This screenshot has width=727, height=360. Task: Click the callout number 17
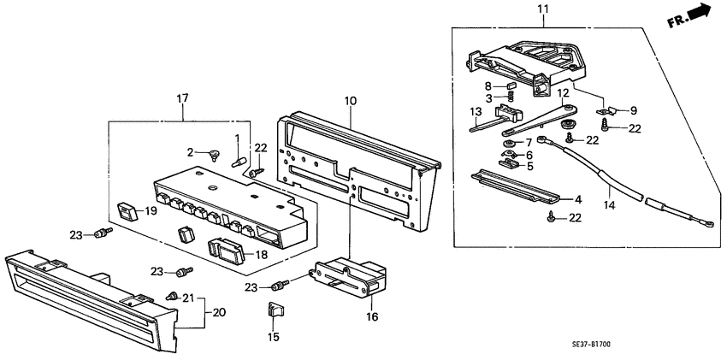(181, 100)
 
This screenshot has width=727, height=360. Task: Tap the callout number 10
(350, 102)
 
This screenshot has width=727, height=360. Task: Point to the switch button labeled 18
(226, 249)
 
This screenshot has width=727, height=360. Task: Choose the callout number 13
(476, 111)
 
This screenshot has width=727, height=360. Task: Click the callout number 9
(634, 110)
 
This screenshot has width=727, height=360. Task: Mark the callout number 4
(577, 199)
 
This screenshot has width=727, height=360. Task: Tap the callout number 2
(192, 152)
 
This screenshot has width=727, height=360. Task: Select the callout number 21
(188, 297)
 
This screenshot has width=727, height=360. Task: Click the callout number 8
(488, 86)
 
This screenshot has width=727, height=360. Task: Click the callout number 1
(237, 139)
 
